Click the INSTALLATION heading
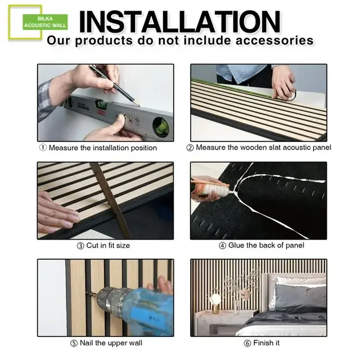point(179,21)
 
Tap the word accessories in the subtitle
point(269,40)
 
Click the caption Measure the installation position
point(98,148)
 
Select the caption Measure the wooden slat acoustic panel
point(259,147)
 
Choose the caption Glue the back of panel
point(259,245)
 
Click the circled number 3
point(80,245)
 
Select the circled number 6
point(247,343)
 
